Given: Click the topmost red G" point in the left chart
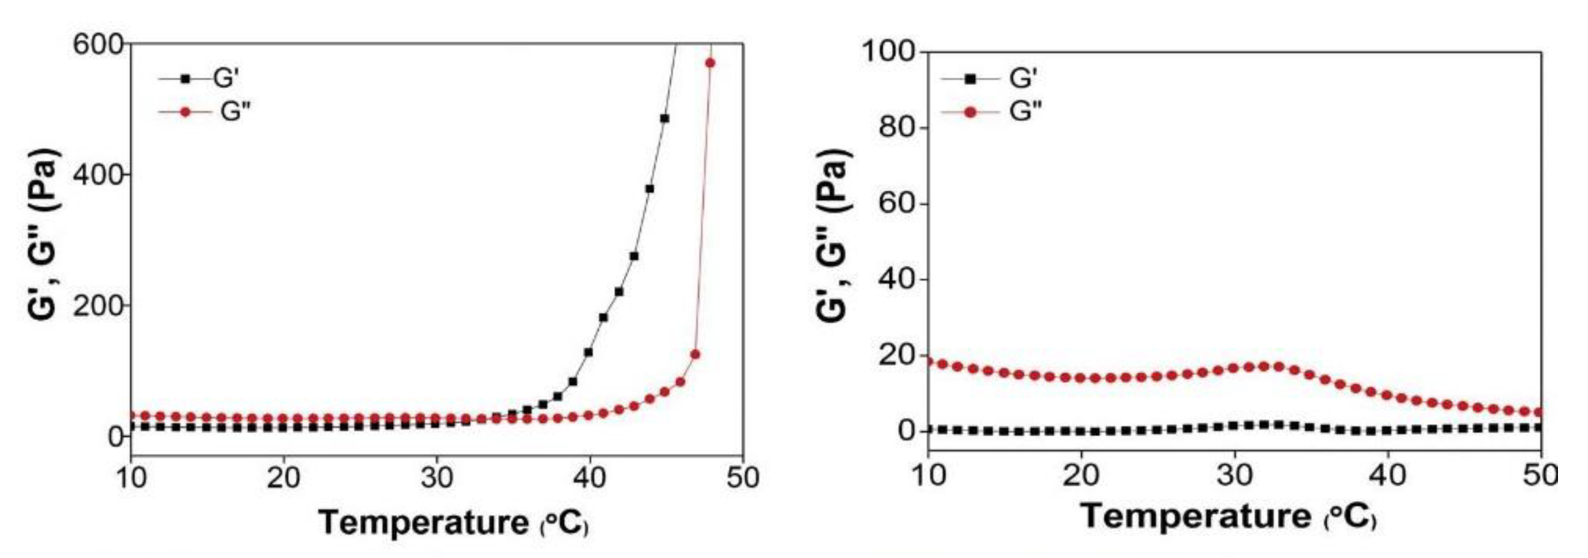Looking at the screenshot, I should (x=710, y=63).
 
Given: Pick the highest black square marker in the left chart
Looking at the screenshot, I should (x=665, y=118).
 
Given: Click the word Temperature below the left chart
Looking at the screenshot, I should (x=424, y=522).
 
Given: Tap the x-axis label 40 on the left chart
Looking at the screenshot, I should (x=590, y=478).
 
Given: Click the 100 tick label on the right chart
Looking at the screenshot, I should (x=888, y=52).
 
